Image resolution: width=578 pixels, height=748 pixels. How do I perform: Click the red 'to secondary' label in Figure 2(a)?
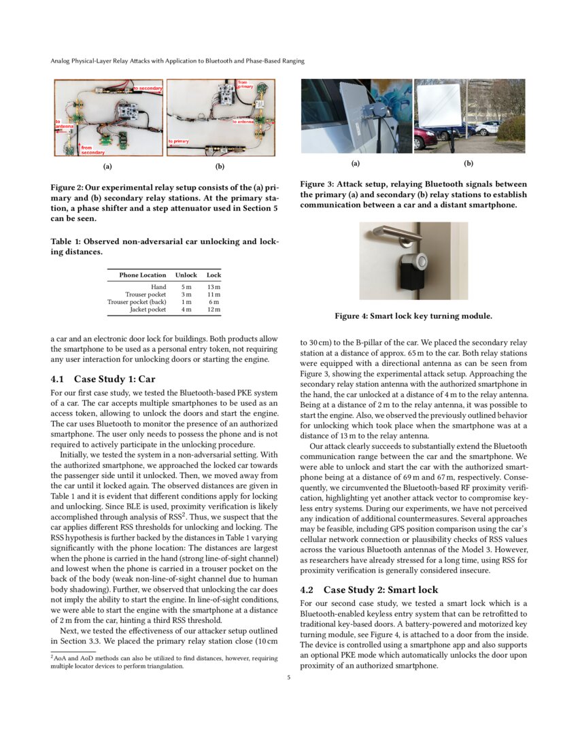148,88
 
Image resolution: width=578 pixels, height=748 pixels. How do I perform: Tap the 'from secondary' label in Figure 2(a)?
92,150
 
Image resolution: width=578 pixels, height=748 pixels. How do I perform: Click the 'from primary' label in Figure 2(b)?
243,85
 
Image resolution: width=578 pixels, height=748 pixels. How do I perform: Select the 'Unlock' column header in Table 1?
186,275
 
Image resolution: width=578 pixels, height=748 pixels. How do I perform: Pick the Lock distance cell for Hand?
214,287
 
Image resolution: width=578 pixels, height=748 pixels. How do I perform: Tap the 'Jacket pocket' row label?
148,309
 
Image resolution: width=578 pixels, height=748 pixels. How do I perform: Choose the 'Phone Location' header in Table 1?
142,275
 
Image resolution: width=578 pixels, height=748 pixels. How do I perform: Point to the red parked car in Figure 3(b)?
425,137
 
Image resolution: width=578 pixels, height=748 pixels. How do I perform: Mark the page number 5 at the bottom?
288,677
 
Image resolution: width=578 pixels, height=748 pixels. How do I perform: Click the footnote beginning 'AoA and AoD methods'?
163,662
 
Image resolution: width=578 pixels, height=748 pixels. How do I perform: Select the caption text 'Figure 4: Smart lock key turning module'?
413,316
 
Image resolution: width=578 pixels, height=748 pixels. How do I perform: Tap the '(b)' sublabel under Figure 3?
469,163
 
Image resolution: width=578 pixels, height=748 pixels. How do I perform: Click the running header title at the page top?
177,61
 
